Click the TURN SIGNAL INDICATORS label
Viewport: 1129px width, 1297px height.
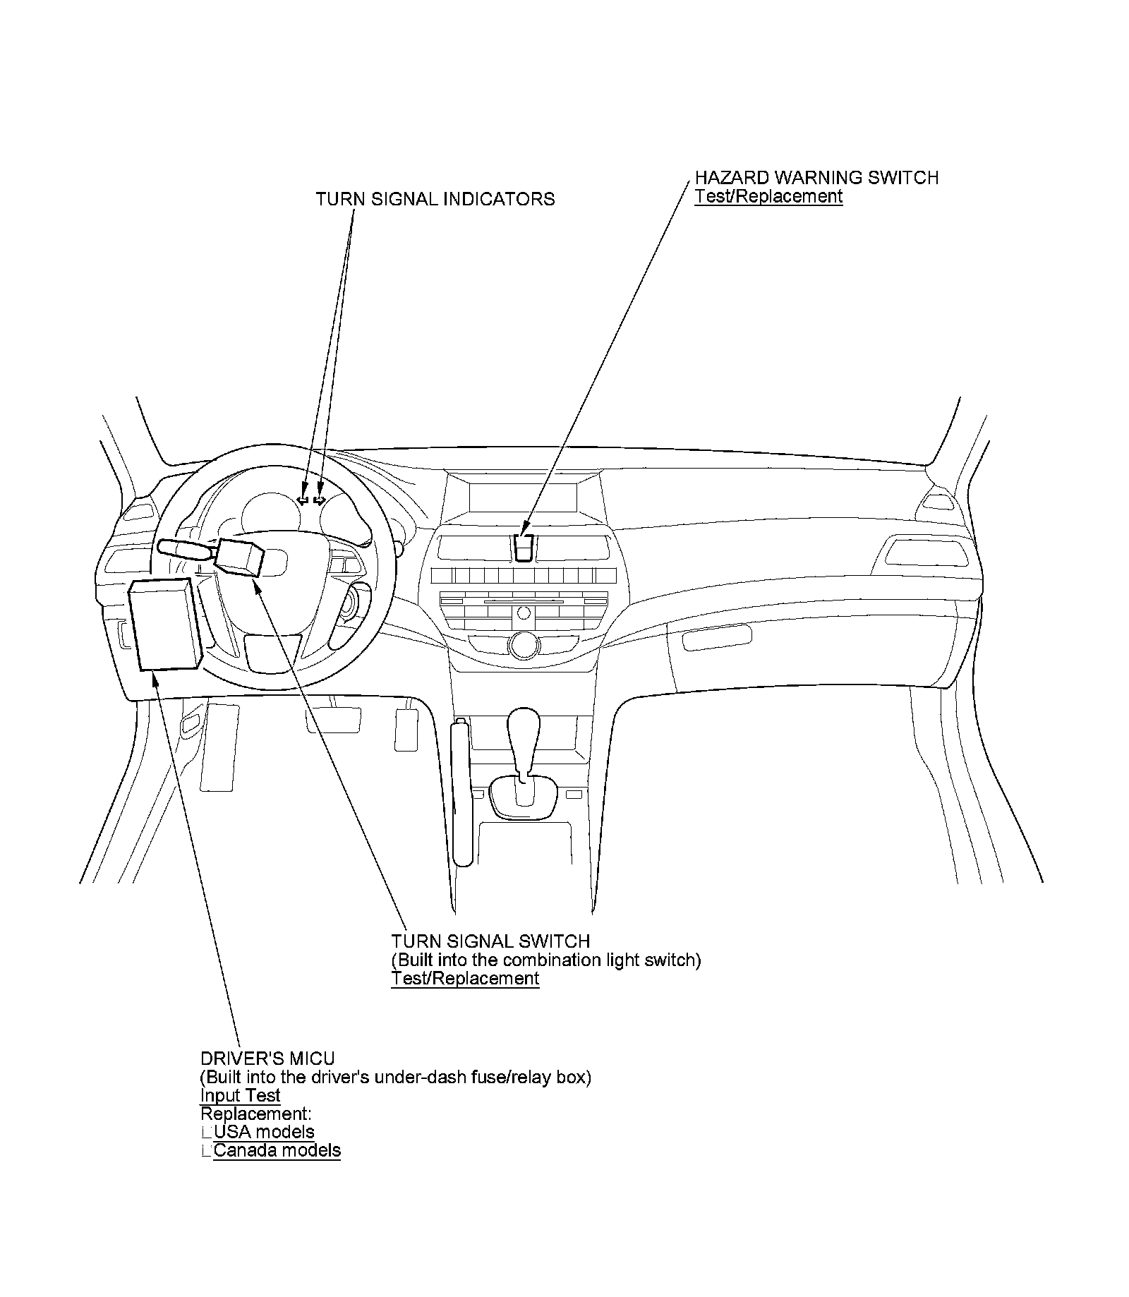[435, 200]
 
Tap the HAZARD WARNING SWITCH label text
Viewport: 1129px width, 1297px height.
[816, 178]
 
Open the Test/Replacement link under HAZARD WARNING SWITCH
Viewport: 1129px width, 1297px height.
[768, 196]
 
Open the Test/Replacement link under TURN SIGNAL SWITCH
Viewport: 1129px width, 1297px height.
[465, 978]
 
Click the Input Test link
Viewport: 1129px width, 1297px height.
[240, 1095]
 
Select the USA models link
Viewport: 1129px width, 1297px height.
[264, 1132]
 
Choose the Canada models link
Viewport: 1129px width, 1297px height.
[277, 1150]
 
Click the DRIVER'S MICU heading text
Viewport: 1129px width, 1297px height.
[267, 1058]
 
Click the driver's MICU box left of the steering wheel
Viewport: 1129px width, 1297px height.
[165, 624]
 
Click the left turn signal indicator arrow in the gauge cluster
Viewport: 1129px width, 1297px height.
[303, 500]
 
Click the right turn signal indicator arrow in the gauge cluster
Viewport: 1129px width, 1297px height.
[320, 500]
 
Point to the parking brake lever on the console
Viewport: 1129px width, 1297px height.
[462, 790]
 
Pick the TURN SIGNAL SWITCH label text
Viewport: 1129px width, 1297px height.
[490, 941]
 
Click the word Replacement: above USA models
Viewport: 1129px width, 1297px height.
[255, 1114]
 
